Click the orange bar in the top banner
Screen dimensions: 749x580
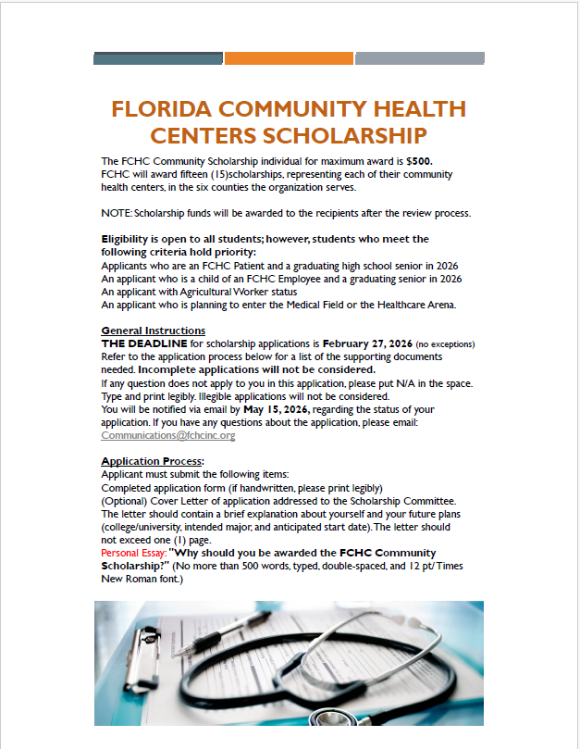[289, 58]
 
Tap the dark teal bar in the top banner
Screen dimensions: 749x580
[158, 58]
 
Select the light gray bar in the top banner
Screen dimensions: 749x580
[419, 58]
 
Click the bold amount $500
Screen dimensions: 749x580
[419, 161]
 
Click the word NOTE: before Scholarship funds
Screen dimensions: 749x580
[117, 213]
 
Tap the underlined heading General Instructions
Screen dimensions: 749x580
[153, 331]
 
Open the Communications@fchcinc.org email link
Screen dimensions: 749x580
[167, 435]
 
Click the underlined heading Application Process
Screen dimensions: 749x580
[152, 461]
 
